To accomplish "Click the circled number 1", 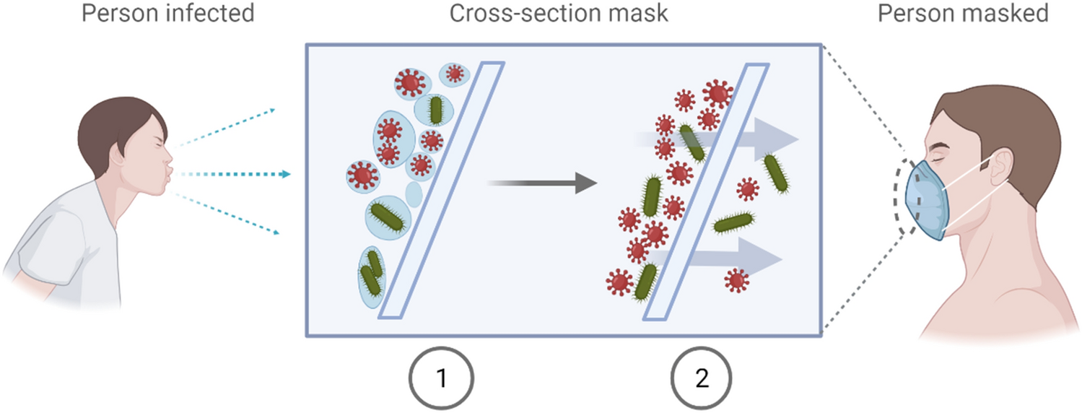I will pos(441,378).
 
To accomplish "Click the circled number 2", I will pos(702,378).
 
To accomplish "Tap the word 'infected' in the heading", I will pos(210,14).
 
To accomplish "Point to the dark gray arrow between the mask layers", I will pos(542,184).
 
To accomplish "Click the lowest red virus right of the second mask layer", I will pos(736,279).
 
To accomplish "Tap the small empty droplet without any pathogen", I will pos(413,194).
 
